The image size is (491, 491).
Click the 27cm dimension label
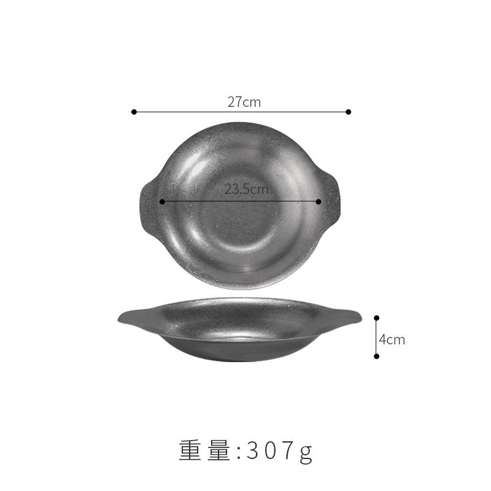(x=244, y=102)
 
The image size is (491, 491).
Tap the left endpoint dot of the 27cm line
(x=134, y=112)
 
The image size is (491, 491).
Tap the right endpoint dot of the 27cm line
(x=349, y=112)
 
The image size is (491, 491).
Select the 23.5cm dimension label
(x=246, y=189)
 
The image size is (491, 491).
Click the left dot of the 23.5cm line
(x=162, y=202)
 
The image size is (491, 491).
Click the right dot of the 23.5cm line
(x=319, y=202)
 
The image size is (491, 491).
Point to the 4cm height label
(x=392, y=339)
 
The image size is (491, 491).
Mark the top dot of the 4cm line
(x=377, y=318)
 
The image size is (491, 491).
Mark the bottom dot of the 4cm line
(x=377, y=356)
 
